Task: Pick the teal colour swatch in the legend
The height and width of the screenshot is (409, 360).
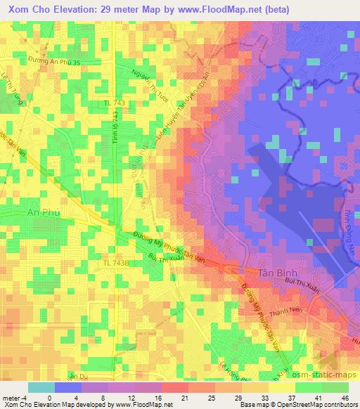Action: tap(41, 388)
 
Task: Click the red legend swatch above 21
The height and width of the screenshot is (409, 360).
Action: tap(174, 388)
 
